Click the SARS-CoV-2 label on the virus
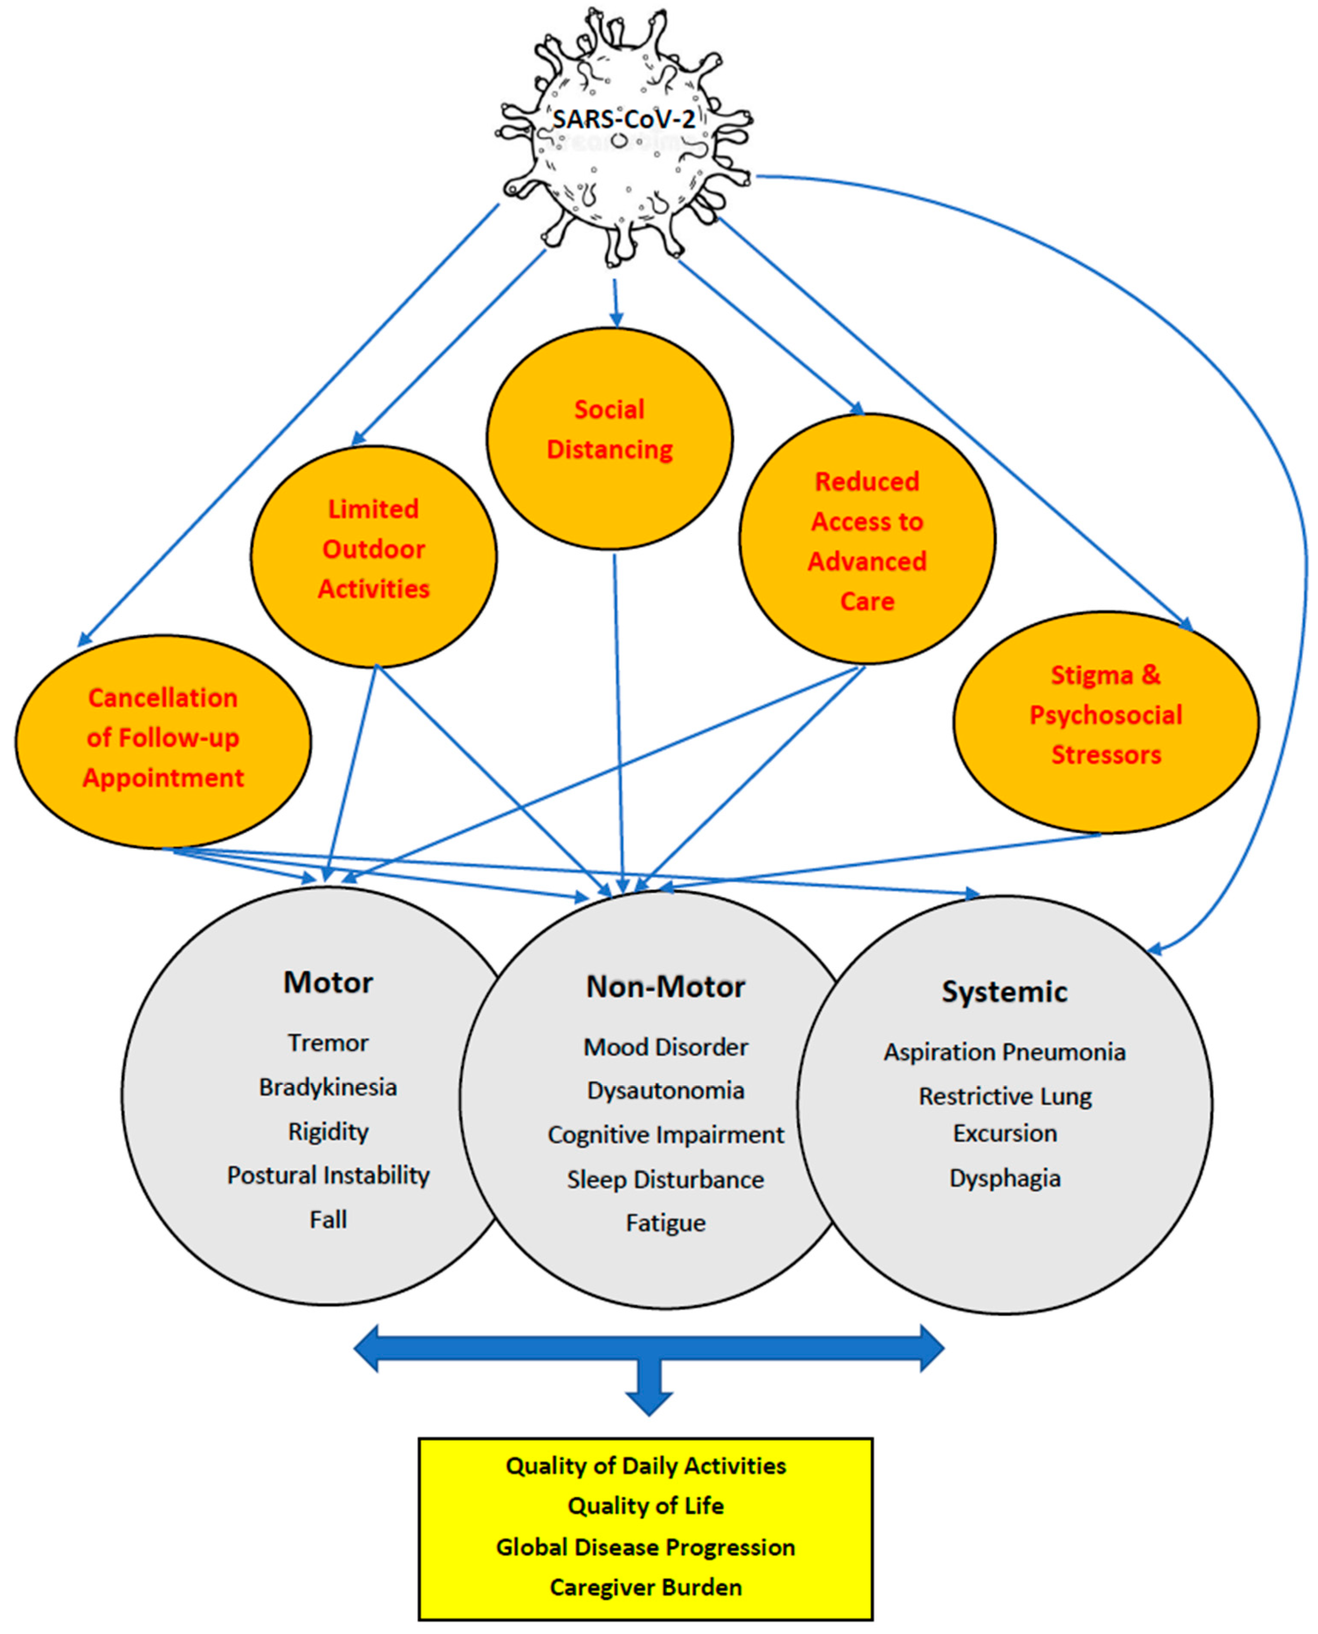pos(623,119)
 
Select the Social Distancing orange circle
pos(610,438)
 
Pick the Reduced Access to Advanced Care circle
pos(867,539)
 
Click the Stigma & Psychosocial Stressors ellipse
pos(1106,721)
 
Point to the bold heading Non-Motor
pos(665,986)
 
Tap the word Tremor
pos(328,1043)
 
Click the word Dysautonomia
pos(665,1090)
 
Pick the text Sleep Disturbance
pos(665,1179)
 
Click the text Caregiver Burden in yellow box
pos(645,1587)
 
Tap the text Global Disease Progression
pos(645,1547)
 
